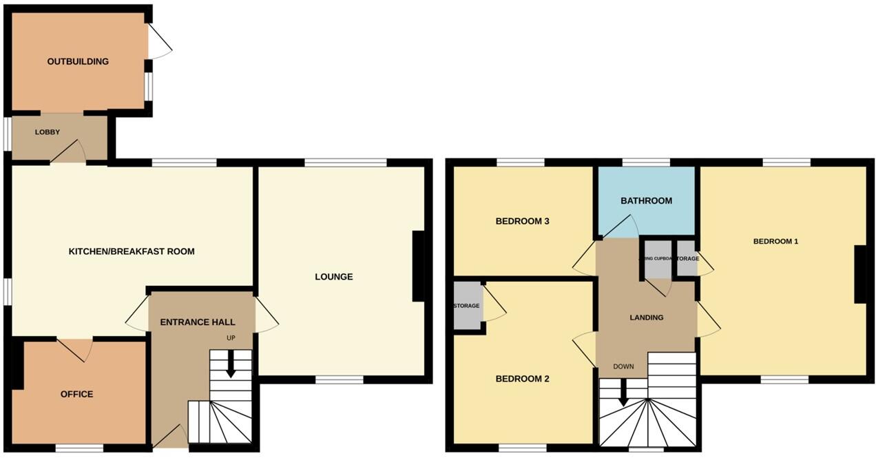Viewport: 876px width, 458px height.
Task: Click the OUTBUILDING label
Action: click(78, 61)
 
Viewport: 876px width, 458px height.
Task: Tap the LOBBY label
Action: click(48, 132)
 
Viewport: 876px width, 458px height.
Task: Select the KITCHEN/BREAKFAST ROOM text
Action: click(132, 251)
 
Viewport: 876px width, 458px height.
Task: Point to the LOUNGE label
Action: click(334, 277)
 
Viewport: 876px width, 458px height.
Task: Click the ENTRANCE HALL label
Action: click(198, 322)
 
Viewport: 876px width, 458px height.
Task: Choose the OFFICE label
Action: click(76, 394)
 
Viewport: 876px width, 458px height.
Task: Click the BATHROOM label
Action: click(646, 200)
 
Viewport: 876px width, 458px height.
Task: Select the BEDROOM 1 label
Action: click(775, 241)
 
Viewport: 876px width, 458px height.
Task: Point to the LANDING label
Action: click(647, 318)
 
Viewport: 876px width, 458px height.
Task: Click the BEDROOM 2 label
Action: click(522, 379)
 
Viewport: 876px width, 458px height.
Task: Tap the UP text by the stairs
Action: click(231, 338)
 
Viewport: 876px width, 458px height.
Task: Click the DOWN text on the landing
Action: click(623, 366)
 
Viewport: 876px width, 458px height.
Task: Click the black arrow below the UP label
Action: click(231, 364)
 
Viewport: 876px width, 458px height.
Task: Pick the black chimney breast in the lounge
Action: click(418, 266)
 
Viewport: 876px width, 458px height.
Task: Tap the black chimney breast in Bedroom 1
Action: click(859, 274)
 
